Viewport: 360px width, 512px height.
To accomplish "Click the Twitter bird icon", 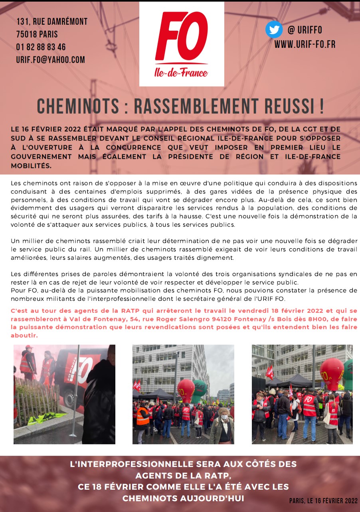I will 274,30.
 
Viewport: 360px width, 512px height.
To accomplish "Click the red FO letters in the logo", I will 182,38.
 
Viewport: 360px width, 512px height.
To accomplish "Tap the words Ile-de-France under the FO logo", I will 181,73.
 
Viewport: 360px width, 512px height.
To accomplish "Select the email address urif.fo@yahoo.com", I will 50,60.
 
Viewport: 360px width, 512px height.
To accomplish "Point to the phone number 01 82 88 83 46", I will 41,47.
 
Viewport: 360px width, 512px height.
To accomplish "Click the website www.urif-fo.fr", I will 305,44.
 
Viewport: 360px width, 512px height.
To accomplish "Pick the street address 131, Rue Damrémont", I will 52,22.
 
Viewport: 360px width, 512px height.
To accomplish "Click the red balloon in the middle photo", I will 186,390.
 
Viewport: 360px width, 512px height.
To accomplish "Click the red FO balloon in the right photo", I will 331,373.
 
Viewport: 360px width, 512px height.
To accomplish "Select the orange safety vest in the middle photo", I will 142,416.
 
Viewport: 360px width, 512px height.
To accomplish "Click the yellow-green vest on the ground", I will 45,417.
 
